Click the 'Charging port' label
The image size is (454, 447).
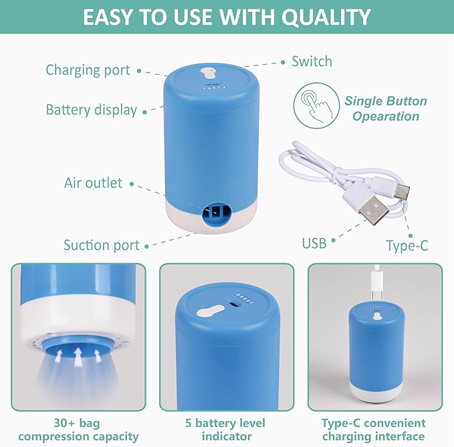tap(88, 70)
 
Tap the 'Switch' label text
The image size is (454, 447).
tap(312, 61)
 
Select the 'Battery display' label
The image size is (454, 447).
tap(91, 110)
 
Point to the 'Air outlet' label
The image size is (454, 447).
tap(93, 182)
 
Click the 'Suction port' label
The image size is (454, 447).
tap(101, 245)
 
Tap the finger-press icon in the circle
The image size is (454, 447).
tap(312, 105)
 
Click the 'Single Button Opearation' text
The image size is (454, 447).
tap(386, 109)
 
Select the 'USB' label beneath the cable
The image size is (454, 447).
tap(314, 243)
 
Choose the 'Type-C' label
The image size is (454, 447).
tap(407, 245)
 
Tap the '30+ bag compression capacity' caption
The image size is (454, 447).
tap(78, 430)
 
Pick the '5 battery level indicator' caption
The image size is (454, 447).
tap(225, 430)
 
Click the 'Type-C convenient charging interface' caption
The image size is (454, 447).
tap(373, 430)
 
